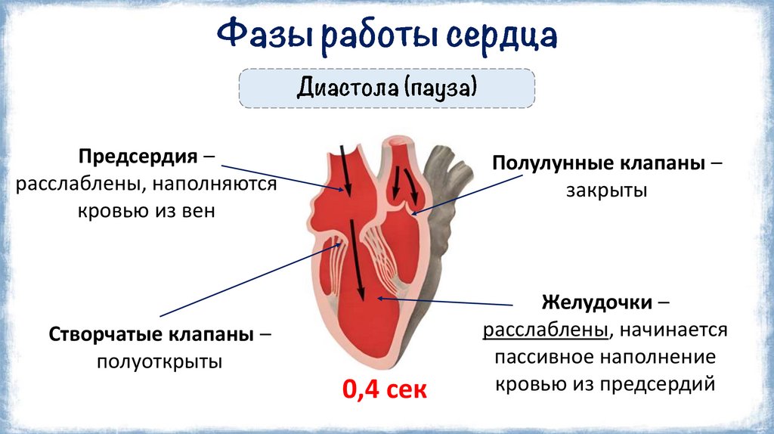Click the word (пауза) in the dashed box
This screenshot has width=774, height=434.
pos(439,89)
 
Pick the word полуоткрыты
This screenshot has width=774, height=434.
pos(159,361)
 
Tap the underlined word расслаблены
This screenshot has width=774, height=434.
pos(546,330)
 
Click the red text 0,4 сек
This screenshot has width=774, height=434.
pos(385,390)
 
